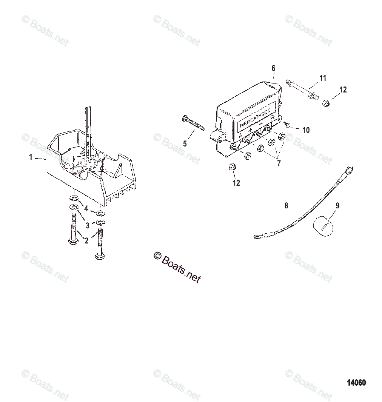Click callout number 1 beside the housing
(x=31, y=157)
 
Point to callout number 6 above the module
(x=273, y=68)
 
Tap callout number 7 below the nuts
(x=279, y=163)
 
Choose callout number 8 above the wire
(x=286, y=206)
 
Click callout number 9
(x=337, y=206)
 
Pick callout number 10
(x=306, y=130)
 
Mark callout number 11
(x=322, y=78)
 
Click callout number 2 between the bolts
(x=86, y=241)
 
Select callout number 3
(x=87, y=225)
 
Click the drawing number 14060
(x=356, y=383)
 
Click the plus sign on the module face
(x=251, y=129)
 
